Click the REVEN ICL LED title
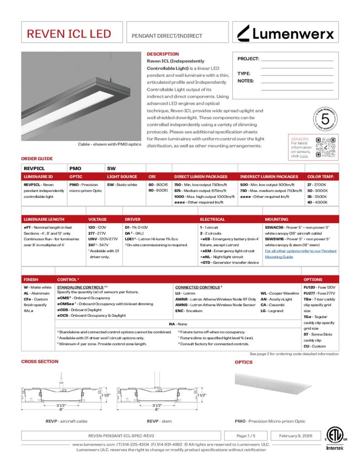[69, 34]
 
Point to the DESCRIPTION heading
[162, 54]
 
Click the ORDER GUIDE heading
[37, 159]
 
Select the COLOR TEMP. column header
[320, 177]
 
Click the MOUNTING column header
[276, 219]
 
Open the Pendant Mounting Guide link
[300, 253]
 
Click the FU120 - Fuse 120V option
[319, 288]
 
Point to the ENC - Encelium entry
[188, 311]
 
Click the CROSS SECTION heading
[40, 361]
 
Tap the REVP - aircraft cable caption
[66, 421]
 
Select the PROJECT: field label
[248, 59]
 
